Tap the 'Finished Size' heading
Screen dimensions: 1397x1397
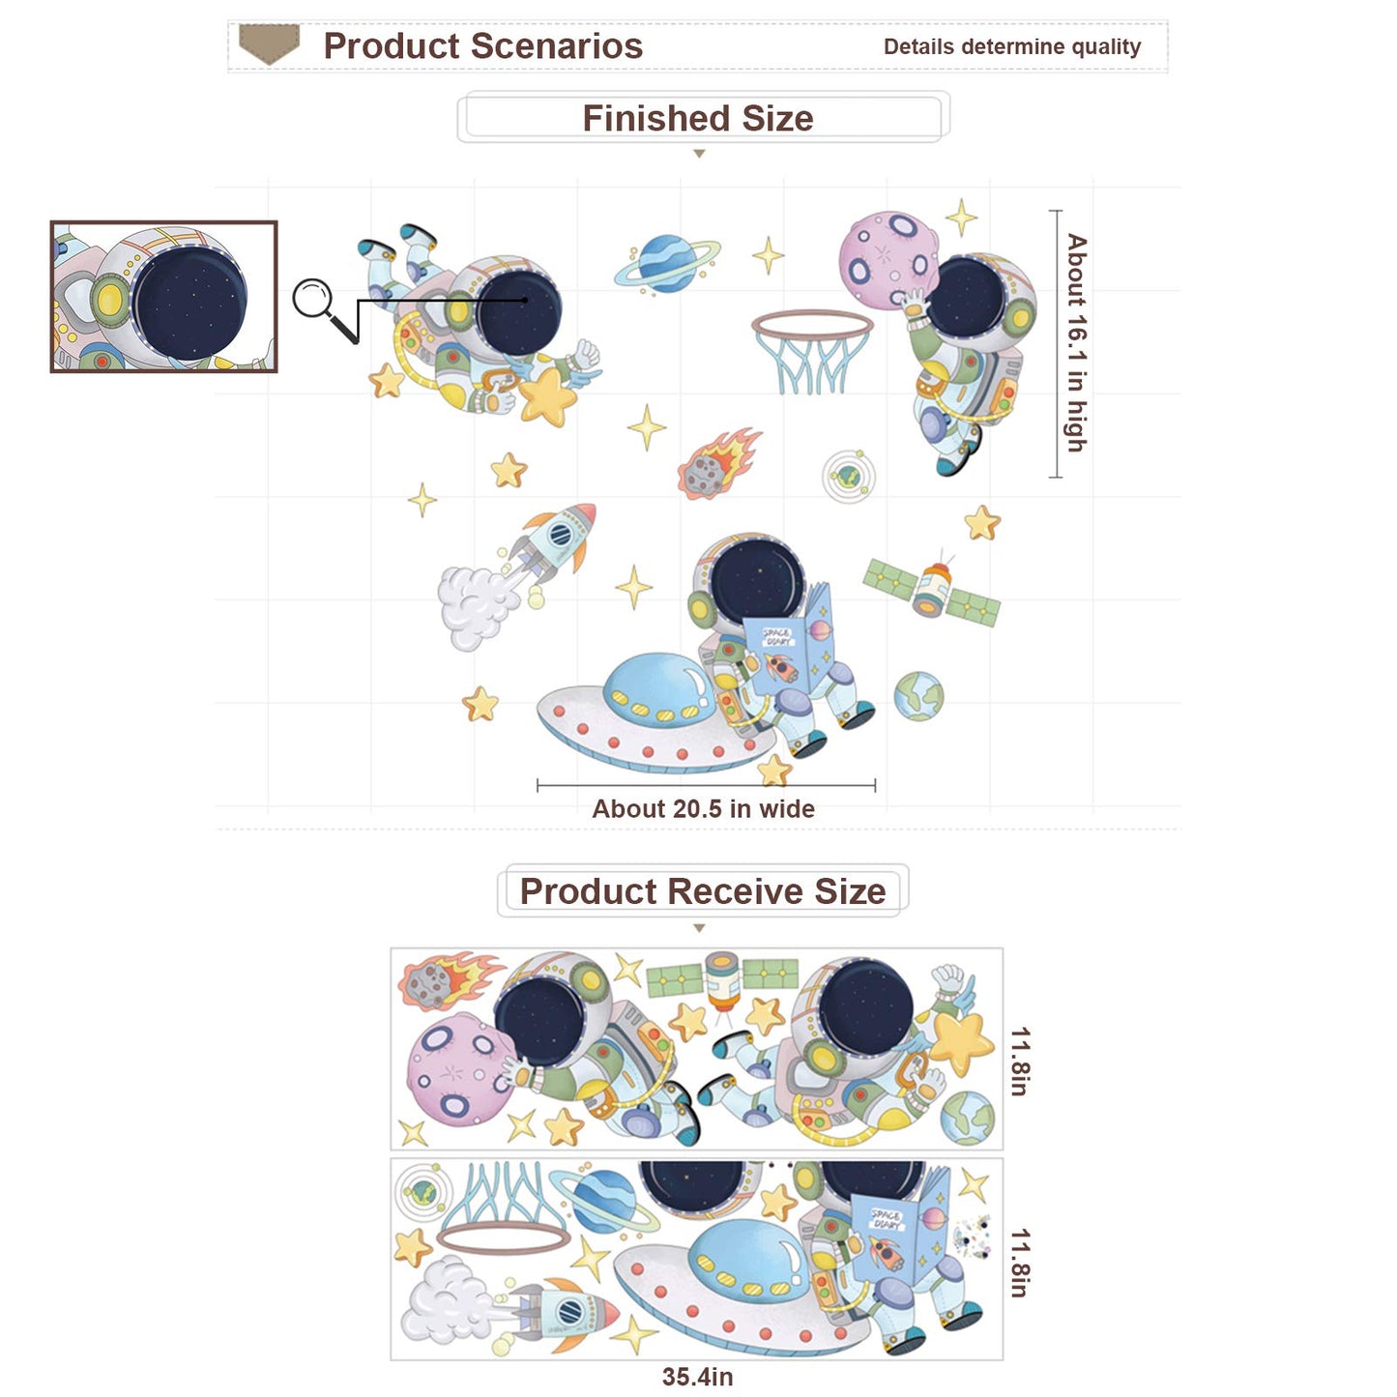697,118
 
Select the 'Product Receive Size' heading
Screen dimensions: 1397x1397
702,891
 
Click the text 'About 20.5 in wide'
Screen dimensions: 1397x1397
703,808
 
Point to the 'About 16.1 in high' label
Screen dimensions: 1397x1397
1077,342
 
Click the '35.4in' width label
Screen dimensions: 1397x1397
697,1376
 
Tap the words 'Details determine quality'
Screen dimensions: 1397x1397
1012,47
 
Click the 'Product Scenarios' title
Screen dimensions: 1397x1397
482,46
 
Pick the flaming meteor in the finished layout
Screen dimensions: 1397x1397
717,463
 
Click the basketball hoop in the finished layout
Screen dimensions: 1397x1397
812,352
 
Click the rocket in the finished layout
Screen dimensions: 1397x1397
558,542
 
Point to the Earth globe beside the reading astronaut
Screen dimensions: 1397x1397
918,696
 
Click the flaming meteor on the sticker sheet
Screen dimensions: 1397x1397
448,981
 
